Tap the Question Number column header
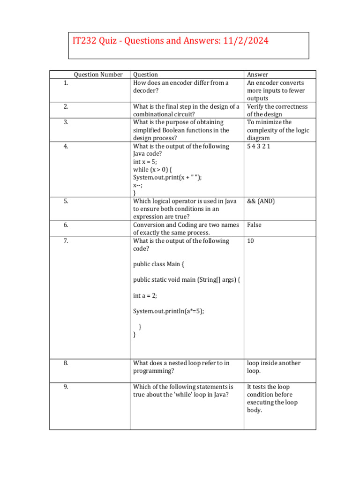[x=98, y=75]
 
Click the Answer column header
[x=257, y=75]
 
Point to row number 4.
[x=66, y=146]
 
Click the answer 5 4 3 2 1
[x=259, y=146]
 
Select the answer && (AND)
[x=261, y=201]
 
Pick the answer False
[x=254, y=225]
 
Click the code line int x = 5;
[x=145, y=162]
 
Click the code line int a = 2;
[x=145, y=295]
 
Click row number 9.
[x=66, y=387]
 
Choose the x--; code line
[x=138, y=185]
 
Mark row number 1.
[x=66, y=83]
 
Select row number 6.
[x=66, y=225]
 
